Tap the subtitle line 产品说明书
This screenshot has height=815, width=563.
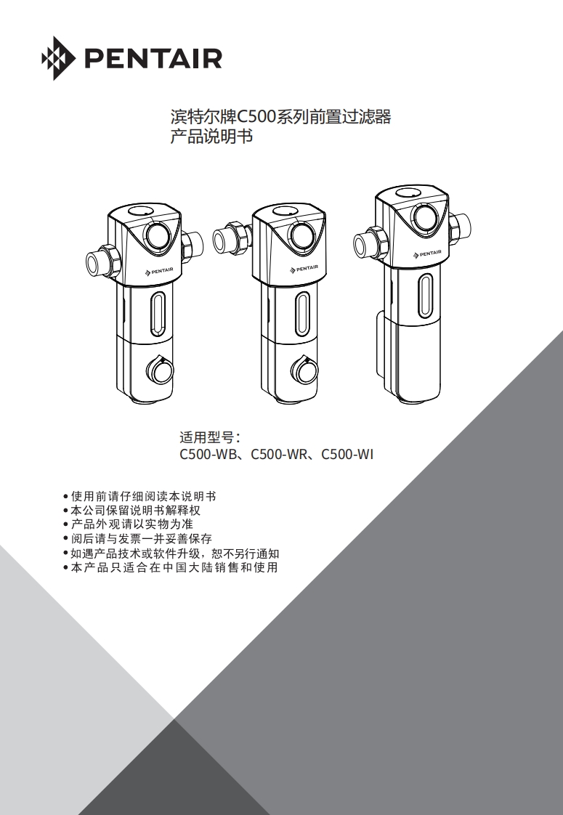coord(211,136)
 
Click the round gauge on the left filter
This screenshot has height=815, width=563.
coord(159,234)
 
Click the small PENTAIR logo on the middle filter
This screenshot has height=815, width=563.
coord(304,269)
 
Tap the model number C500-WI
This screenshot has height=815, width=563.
coord(347,455)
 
